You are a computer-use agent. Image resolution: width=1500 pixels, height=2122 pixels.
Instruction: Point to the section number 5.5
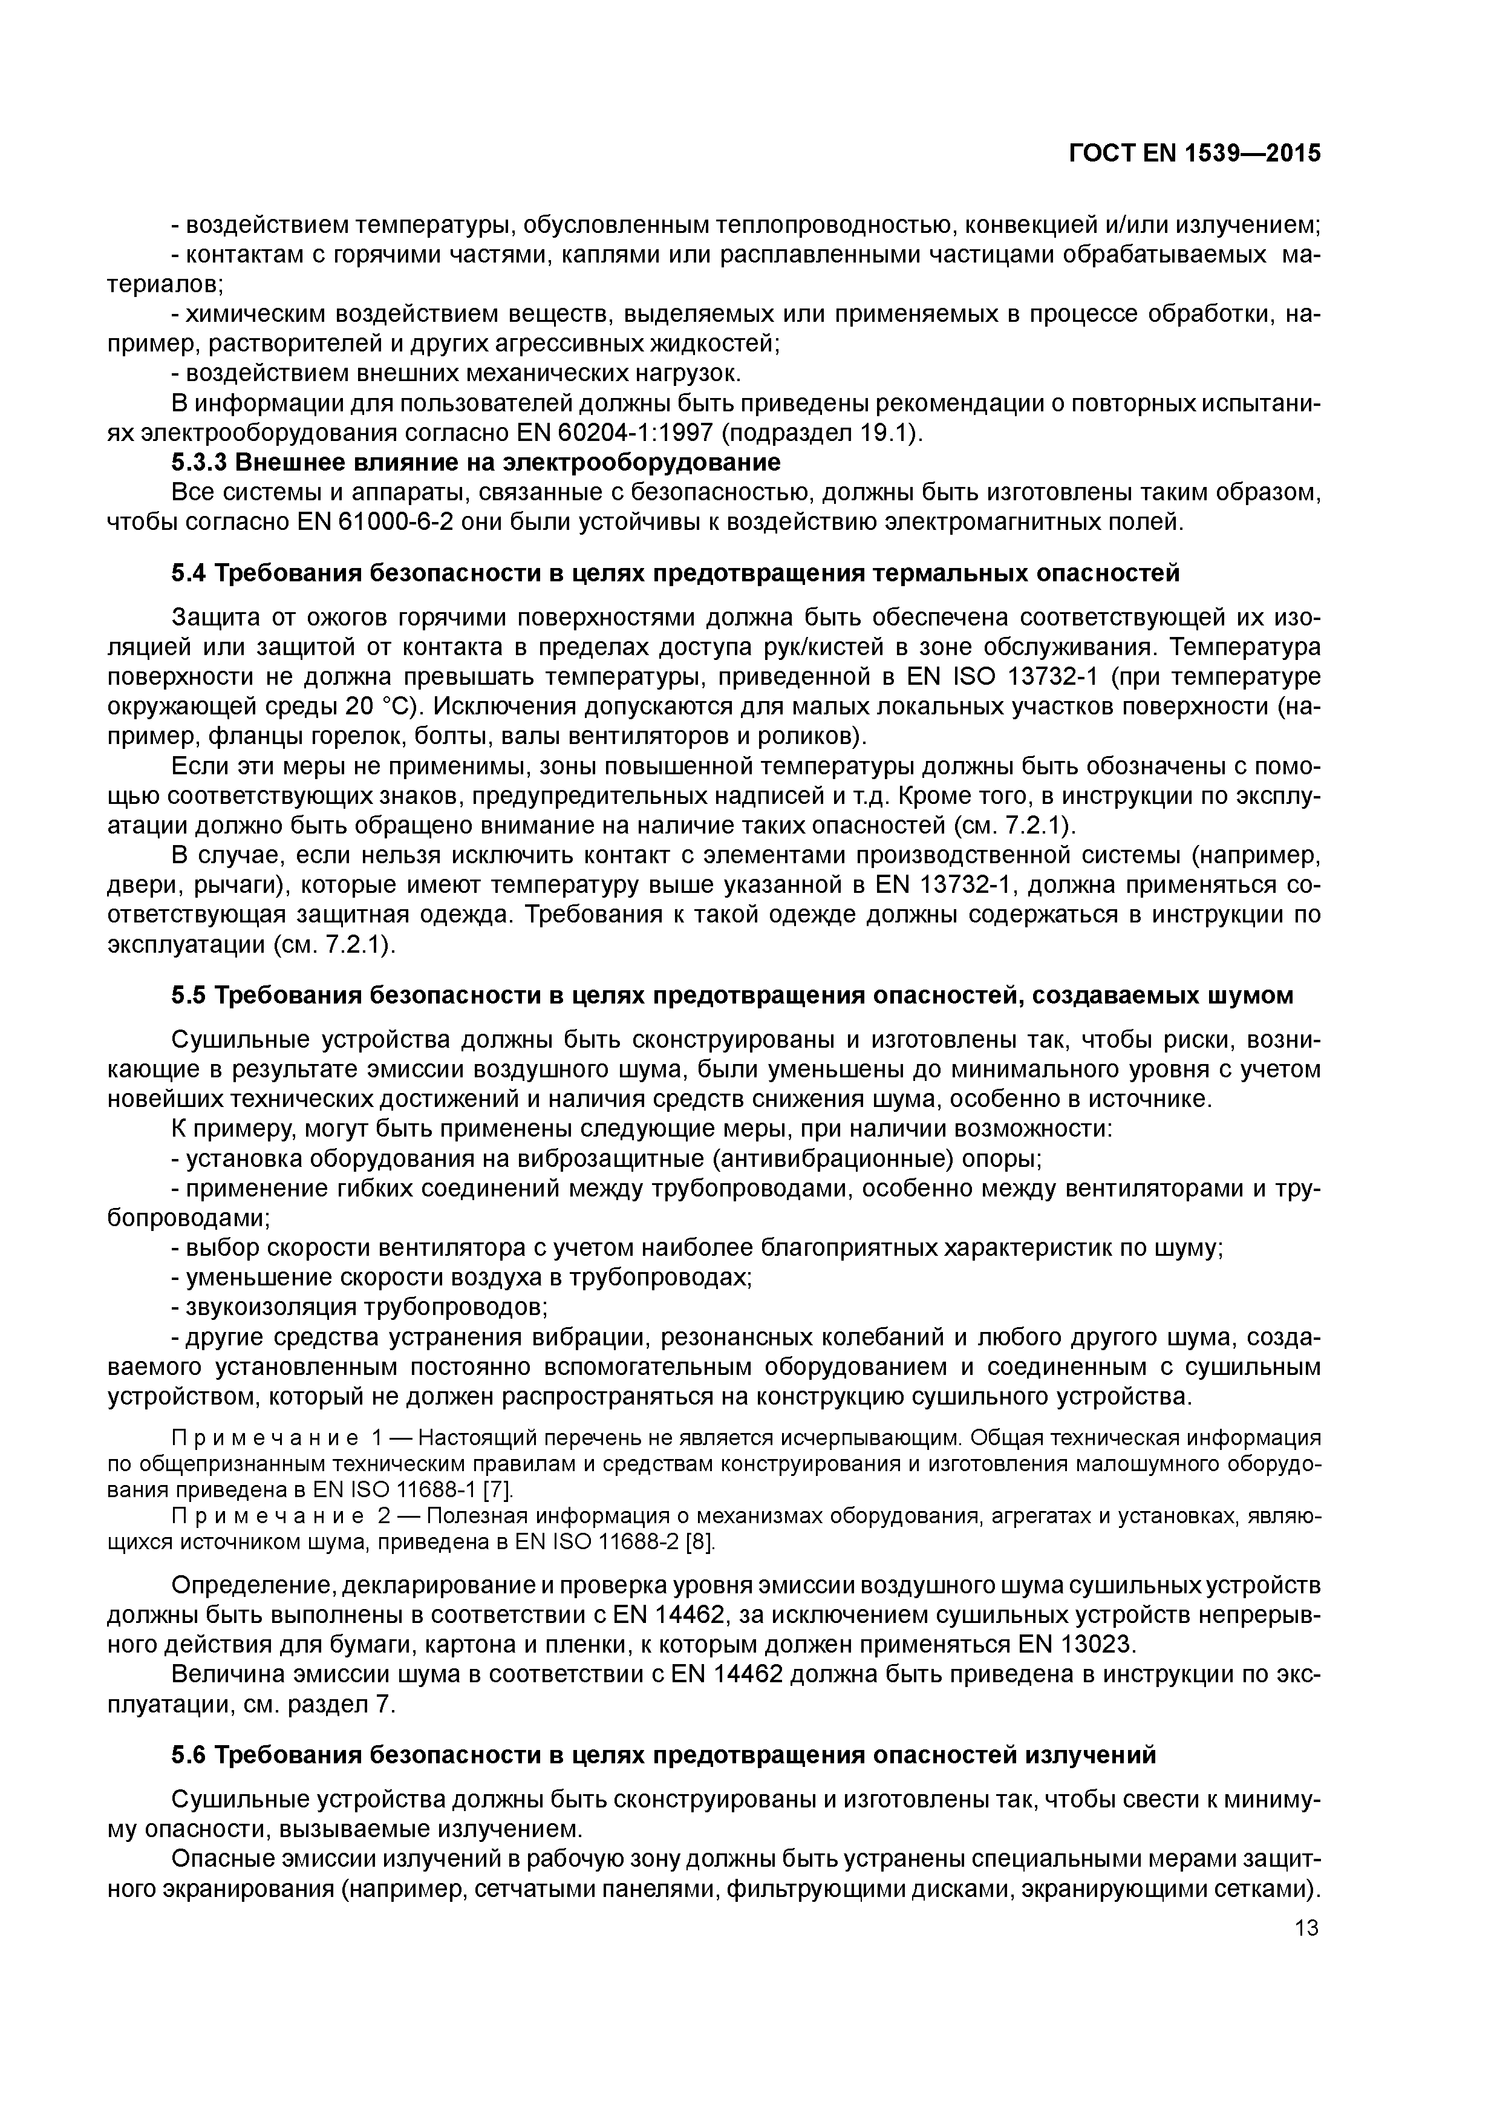click(189, 996)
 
